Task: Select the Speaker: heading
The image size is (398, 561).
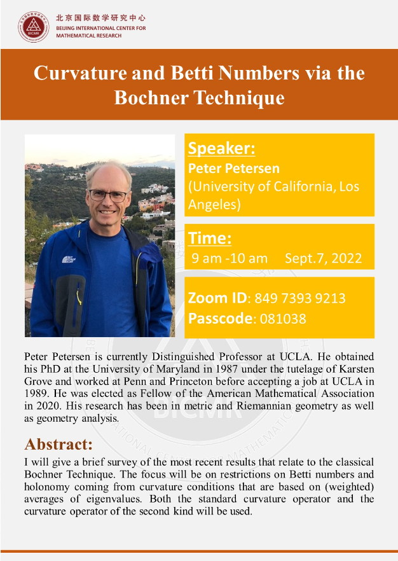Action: (x=222, y=148)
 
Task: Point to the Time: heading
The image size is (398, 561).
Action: (x=210, y=239)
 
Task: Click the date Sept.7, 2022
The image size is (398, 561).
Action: (x=324, y=258)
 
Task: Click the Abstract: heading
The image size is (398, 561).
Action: (x=58, y=443)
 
